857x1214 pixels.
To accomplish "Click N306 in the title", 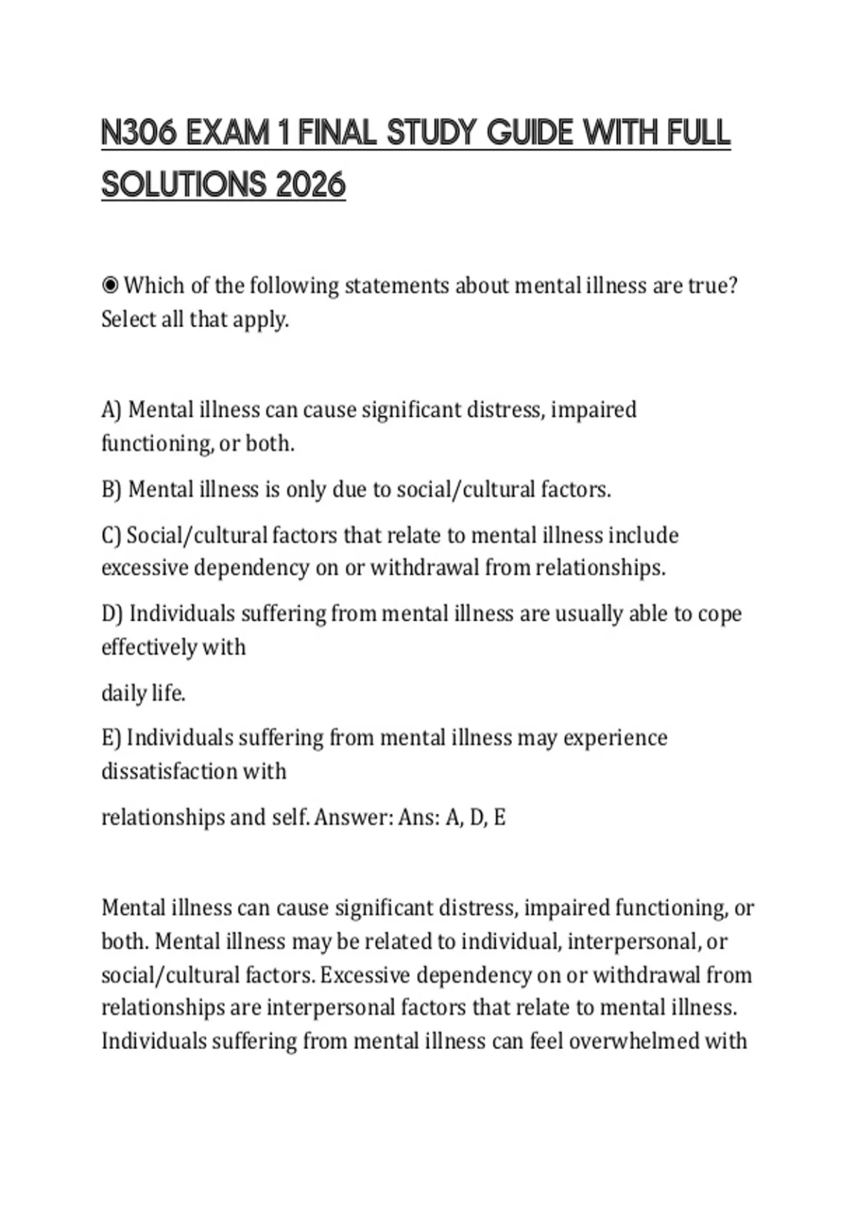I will [x=139, y=134].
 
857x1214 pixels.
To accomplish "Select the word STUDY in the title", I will [x=431, y=134].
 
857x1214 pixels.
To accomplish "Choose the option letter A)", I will [x=111, y=410].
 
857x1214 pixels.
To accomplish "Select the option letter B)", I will [x=111, y=490].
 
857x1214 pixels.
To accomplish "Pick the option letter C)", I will [x=111, y=536].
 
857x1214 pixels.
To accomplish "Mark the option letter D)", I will [x=112, y=614].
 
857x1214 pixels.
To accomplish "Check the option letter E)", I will [x=111, y=738].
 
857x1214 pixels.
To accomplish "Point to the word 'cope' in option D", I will [x=719, y=614].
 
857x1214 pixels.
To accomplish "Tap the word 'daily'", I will [x=122, y=693].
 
